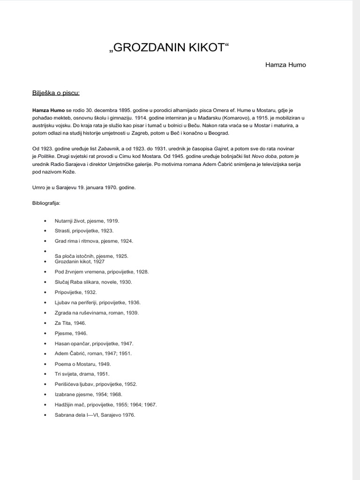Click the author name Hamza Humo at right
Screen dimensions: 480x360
click(285, 65)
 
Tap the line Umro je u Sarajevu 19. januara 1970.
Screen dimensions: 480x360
click(84, 188)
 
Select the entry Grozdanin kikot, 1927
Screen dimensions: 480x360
click(79, 262)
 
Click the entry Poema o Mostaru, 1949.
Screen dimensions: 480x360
click(82, 364)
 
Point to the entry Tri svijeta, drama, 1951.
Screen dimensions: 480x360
click(82, 374)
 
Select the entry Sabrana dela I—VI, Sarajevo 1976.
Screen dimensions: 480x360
click(95, 415)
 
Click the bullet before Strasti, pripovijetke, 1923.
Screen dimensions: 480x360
click(45, 231)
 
